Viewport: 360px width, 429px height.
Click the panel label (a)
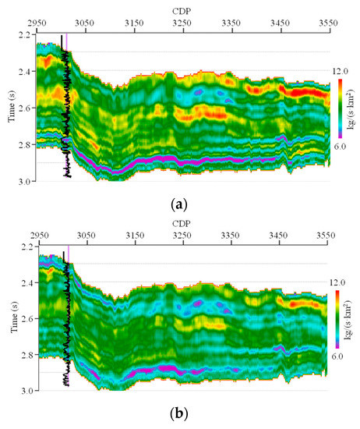180,204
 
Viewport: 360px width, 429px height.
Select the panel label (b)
180,414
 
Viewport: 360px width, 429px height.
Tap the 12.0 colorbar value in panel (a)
341,71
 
